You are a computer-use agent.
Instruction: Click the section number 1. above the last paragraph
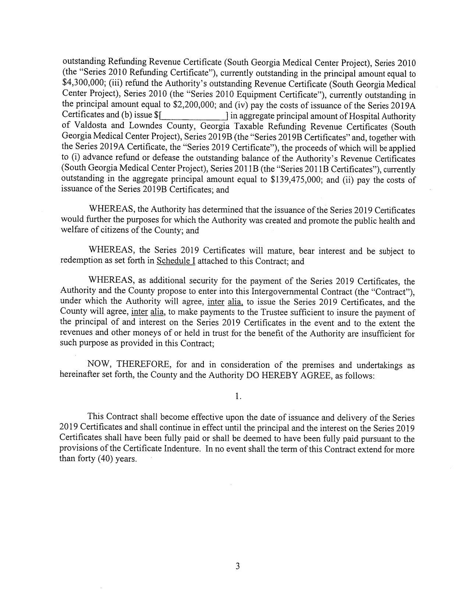pos(238,396)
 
